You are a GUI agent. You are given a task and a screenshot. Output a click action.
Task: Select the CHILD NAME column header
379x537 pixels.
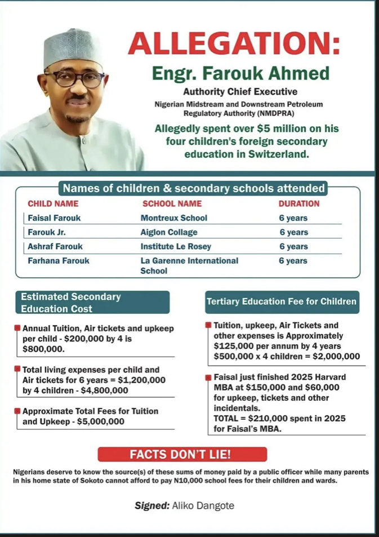tap(53, 203)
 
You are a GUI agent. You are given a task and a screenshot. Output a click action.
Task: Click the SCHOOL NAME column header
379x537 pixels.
tap(172, 203)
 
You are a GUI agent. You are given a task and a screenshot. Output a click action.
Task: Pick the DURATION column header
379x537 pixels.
tap(298, 203)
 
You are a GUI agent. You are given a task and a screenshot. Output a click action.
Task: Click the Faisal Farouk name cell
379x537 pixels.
tap(52, 218)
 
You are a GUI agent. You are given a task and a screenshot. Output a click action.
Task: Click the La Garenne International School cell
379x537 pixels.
tap(189, 265)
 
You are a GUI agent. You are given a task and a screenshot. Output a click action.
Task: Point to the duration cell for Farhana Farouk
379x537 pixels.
tap(293, 261)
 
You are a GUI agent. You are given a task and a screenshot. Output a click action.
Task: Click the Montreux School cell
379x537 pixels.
tap(173, 218)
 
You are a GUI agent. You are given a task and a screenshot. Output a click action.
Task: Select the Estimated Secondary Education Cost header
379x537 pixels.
tap(92, 303)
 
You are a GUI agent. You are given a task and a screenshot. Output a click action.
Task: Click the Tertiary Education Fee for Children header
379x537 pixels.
tap(282, 301)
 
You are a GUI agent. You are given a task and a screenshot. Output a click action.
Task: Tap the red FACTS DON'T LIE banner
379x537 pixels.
tap(182, 454)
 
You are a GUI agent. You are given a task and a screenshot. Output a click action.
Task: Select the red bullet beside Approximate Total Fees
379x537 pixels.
tap(18, 411)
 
